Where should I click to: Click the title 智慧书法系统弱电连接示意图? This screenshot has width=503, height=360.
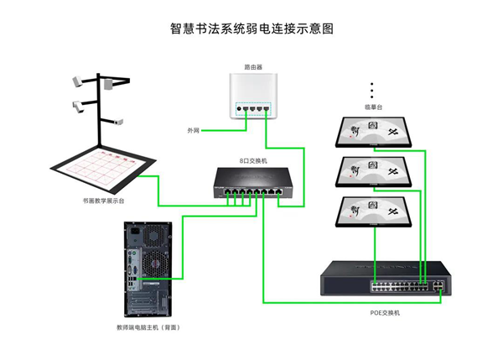pyautogui.click(x=251, y=29)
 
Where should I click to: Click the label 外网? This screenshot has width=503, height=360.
pyautogui.click(x=194, y=130)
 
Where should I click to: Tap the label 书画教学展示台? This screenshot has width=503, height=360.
pyautogui.click(x=104, y=201)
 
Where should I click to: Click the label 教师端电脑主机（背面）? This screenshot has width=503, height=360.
pyautogui.click(x=148, y=326)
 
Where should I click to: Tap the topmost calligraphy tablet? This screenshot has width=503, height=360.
pyautogui.click(x=373, y=131)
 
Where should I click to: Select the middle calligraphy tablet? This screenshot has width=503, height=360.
pyautogui.click(x=373, y=170)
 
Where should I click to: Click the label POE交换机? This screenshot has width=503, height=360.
pyautogui.click(x=386, y=312)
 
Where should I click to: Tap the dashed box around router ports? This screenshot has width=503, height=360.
pyautogui.click(x=253, y=108)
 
